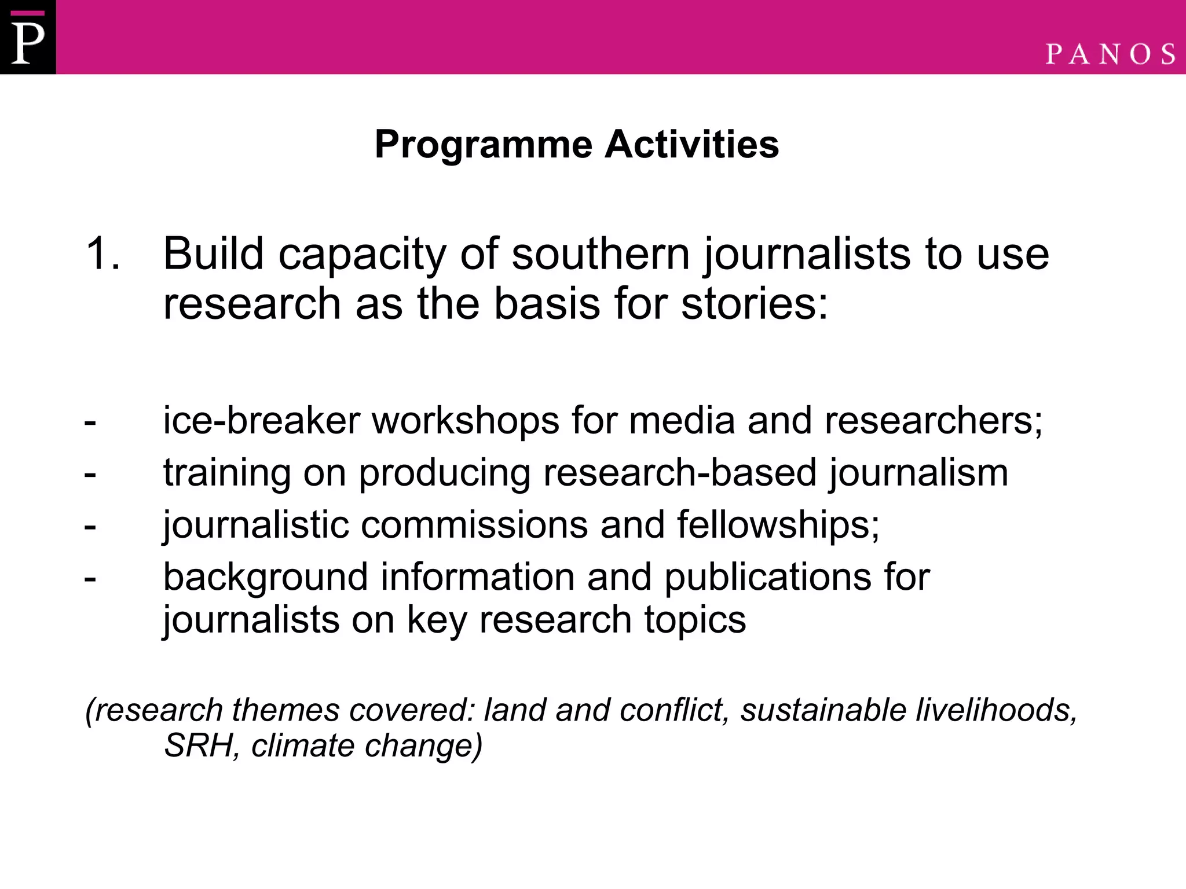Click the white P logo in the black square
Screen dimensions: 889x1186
pyautogui.click(x=27, y=38)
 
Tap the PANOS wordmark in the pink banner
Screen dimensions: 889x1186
pyautogui.click(x=1110, y=54)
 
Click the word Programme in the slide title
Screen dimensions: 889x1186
pyautogui.click(x=484, y=144)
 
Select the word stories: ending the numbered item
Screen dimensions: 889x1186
pyautogui.click(x=754, y=304)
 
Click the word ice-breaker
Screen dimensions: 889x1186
pyautogui.click(x=261, y=420)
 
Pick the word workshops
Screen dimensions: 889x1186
pyautogui.click(x=465, y=421)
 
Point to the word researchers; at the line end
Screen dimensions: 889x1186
pyautogui.click(x=934, y=420)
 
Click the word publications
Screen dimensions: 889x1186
pyautogui.click(x=767, y=578)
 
